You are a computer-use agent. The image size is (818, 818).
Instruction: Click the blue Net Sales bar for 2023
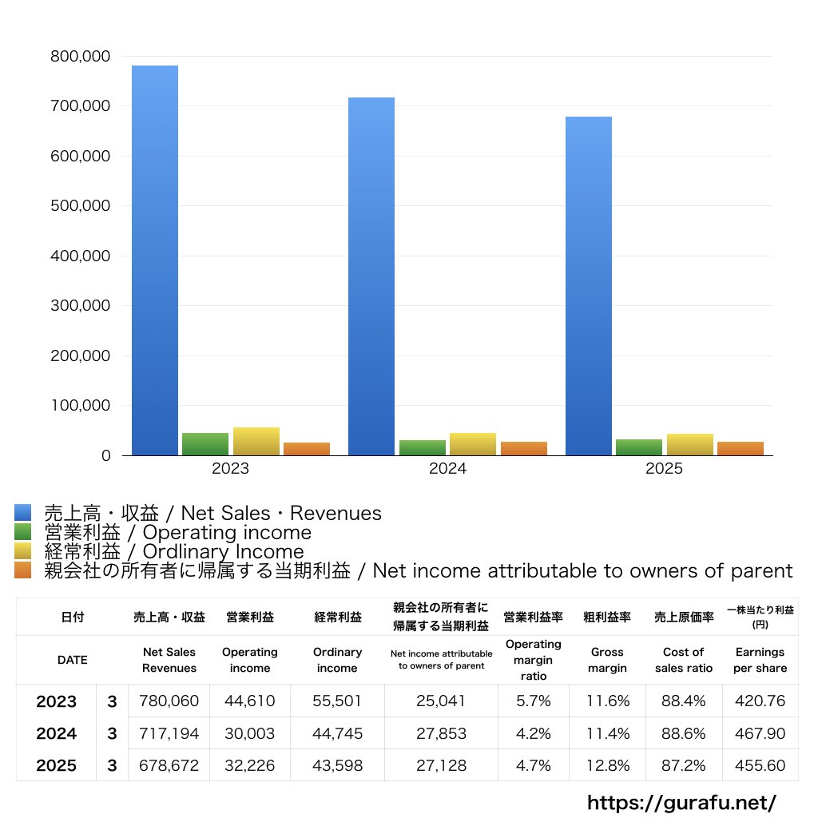(x=155, y=260)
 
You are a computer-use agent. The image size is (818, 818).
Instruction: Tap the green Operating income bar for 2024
(x=423, y=447)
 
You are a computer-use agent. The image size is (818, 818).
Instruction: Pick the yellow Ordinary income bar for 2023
(x=256, y=442)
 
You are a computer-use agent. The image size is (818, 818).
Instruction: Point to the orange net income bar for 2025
(x=741, y=448)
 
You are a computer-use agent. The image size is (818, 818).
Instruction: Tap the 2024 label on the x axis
(x=447, y=469)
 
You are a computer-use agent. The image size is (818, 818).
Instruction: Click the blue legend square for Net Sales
(x=22, y=513)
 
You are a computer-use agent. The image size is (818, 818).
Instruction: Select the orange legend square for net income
(x=22, y=570)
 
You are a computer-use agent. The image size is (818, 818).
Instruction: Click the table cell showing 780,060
(x=169, y=701)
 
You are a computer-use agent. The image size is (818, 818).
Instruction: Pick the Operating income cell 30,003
(x=249, y=733)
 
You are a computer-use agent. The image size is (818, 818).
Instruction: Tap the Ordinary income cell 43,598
(x=337, y=765)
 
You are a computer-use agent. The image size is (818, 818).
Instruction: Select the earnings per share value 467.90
(x=760, y=733)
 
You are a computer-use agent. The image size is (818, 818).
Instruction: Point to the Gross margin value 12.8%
(x=607, y=765)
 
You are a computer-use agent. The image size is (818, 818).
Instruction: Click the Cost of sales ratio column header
(x=684, y=660)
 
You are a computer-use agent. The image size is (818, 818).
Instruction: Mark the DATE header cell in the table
(x=72, y=660)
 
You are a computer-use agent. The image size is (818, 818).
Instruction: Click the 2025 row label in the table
(x=57, y=765)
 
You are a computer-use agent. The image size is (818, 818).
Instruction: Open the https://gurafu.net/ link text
(x=681, y=802)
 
